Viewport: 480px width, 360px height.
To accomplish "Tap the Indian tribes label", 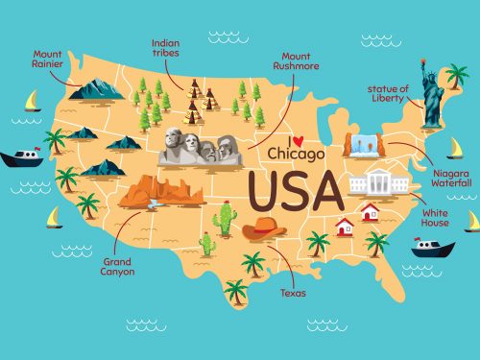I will [166, 48].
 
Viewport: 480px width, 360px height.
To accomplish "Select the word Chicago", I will [297, 154].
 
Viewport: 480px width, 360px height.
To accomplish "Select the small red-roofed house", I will [344, 227].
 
